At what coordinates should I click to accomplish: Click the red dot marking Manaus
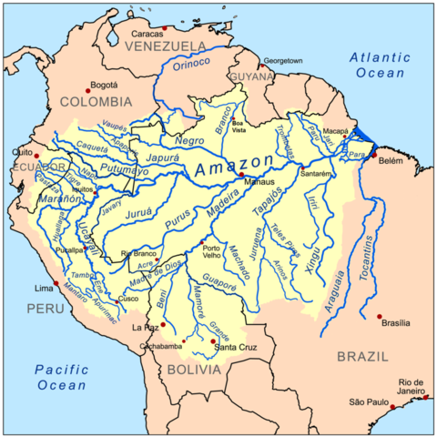click(242, 175)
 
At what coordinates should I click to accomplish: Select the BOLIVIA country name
click(193, 371)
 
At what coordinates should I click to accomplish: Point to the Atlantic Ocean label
click(383, 66)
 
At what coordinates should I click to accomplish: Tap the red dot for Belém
click(373, 156)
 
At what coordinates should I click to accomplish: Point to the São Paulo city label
click(370, 401)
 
